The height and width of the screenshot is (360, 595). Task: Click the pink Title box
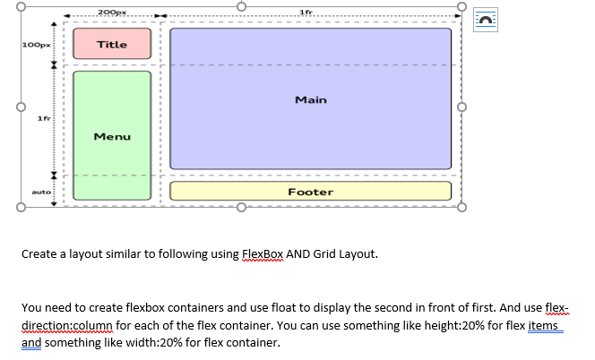pyautogui.click(x=112, y=44)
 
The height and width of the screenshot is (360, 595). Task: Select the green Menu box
pyautogui.click(x=112, y=136)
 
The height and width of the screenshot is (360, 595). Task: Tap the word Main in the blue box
pyautogui.click(x=310, y=99)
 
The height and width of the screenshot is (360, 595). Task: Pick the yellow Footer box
pyautogui.click(x=310, y=192)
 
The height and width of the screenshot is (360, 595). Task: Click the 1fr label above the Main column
pyautogui.click(x=305, y=11)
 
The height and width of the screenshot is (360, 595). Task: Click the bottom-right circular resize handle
pyautogui.click(x=461, y=208)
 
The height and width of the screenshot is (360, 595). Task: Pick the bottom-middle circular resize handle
pyautogui.click(x=240, y=208)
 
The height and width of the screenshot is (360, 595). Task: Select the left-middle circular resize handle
pyautogui.click(x=18, y=107)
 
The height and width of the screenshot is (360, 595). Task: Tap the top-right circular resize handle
pyautogui.click(x=461, y=7)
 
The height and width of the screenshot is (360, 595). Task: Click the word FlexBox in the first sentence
pyautogui.click(x=263, y=253)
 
